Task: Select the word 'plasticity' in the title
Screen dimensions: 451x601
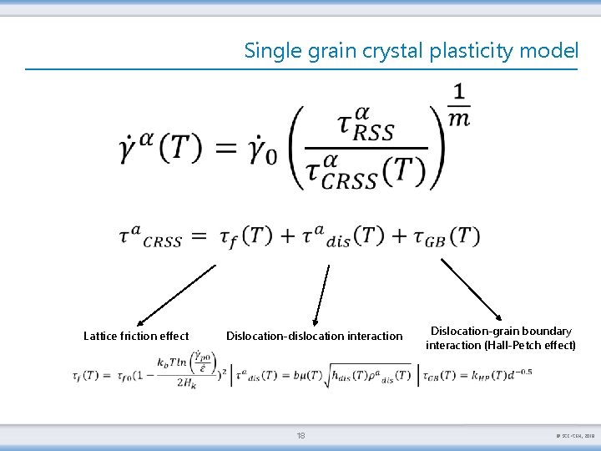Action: (472, 51)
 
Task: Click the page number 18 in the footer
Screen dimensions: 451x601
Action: (300, 435)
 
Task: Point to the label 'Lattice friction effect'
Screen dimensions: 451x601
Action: (136, 336)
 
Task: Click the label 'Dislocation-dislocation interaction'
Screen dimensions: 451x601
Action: (314, 336)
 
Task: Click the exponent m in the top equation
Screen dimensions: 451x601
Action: (459, 119)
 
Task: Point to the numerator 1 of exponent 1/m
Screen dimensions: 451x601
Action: (459, 91)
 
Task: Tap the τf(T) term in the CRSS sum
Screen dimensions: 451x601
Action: (245, 236)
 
